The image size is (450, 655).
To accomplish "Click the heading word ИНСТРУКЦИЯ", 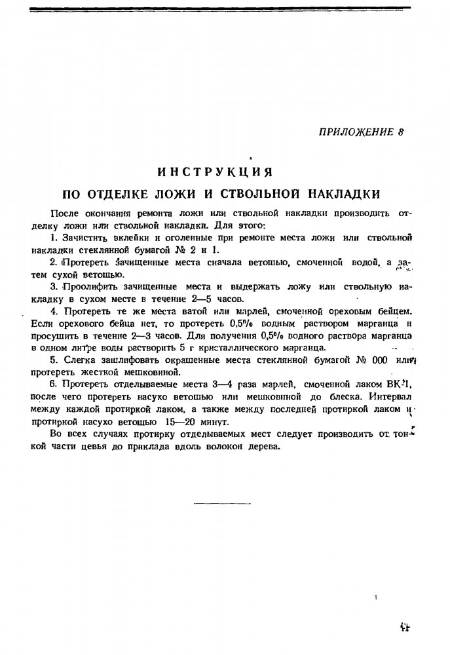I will point(215,172).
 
